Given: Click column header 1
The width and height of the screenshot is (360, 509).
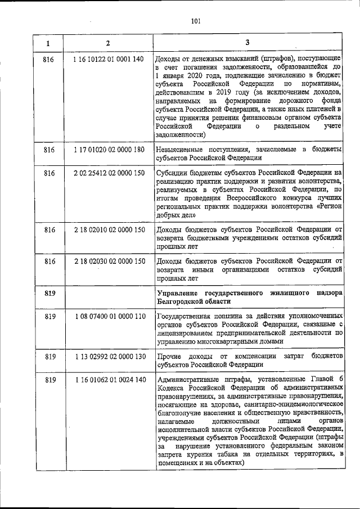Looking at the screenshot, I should (x=48, y=43).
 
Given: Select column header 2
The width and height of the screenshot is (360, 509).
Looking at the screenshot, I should (x=108, y=43).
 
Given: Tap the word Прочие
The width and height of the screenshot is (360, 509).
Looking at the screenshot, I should (x=169, y=357).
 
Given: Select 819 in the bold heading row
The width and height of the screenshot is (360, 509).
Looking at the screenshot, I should (x=49, y=293).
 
